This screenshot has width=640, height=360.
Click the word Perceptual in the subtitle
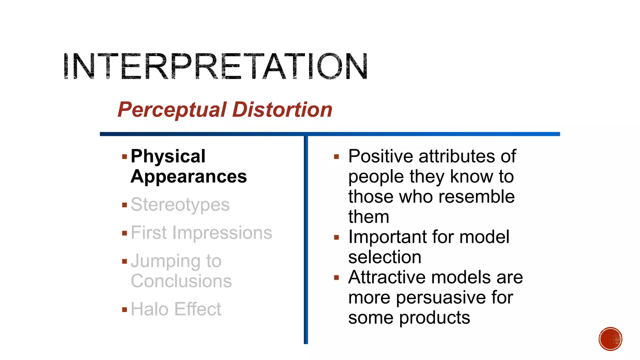(172, 110)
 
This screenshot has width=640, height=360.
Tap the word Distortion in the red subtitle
(282, 110)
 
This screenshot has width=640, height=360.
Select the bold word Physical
(168, 156)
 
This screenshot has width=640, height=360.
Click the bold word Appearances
(189, 177)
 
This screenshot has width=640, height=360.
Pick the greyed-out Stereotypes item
(180, 205)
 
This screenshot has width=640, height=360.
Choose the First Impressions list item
(201, 233)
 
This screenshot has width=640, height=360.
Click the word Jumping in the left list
(165, 261)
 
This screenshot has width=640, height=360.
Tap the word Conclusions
(181, 281)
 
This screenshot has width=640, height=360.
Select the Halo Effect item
(176, 309)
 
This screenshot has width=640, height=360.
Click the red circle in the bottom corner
(610, 339)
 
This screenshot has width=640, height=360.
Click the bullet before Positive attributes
(337, 157)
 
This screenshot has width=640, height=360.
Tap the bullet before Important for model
(337, 237)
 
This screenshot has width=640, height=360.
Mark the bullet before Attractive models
(337, 277)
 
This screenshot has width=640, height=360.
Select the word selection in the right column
(385, 257)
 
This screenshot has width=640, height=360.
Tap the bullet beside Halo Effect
(125, 310)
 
